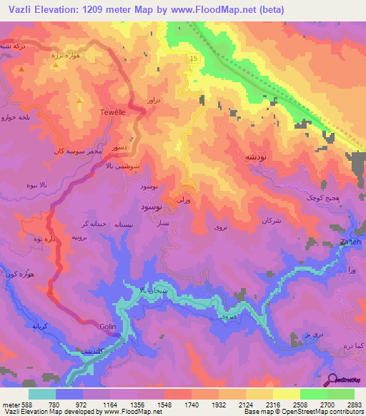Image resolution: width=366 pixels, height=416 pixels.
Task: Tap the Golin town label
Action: pyautogui.click(x=108, y=327)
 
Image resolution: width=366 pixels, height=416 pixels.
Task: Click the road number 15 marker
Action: pyautogui.click(x=193, y=58)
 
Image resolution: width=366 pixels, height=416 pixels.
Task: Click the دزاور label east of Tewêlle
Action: pyautogui.click(x=154, y=101)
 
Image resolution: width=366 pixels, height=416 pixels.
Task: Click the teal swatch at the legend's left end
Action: pyautogui.click(x=42, y=394)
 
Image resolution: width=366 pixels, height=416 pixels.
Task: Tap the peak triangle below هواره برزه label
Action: pyautogui.click(x=56, y=64)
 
